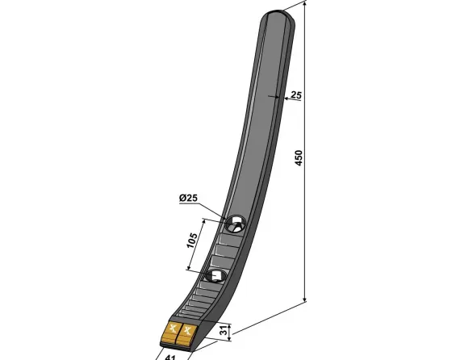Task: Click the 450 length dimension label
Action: click(x=298, y=158)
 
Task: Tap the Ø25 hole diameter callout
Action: click(x=188, y=198)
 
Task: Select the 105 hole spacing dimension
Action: click(x=192, y=241)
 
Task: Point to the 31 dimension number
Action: click(x=224, y=331)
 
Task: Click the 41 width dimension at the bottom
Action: click(x=170, y=358)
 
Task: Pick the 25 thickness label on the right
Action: click(x=295, y=95)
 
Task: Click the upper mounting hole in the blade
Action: click(x=235, y=224)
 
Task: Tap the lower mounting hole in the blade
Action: click(x=215, y=276)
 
